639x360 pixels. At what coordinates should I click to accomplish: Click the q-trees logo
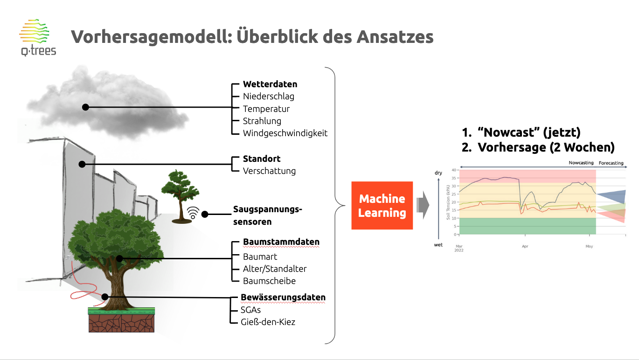tap(37, 37)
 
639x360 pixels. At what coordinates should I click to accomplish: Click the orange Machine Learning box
tap(382, 206)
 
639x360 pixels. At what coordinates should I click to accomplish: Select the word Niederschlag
tap(269, 97)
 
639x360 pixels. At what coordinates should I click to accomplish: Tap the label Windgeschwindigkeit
tap(285, 133)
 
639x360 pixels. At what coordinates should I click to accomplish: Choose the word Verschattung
tap(269, 171)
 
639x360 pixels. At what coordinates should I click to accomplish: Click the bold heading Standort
tap(262, 159)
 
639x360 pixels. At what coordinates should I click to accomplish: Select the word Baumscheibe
tap(269, 281)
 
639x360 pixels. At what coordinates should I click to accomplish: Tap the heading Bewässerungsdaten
tap(283, 297)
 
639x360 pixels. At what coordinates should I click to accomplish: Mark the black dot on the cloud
tap(85, 107)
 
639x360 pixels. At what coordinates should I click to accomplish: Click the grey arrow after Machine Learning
tap(423, 205)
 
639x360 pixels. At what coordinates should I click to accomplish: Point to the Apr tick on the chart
tap(525, 246)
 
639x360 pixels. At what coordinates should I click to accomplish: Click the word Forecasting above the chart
tap(611, 163)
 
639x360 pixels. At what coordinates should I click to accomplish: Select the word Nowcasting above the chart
tap(581, 163)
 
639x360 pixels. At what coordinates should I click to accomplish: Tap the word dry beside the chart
tap(438, 173)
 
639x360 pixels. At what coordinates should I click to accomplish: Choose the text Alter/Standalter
tap(275, 269)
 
